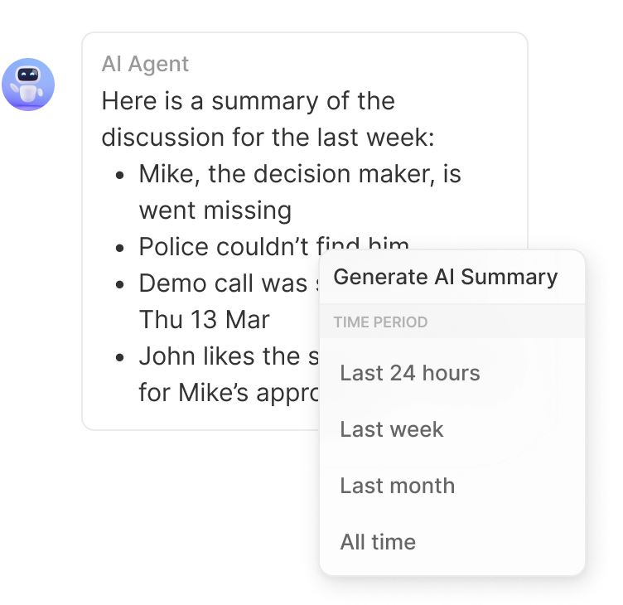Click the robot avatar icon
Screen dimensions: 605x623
tap(28, 85)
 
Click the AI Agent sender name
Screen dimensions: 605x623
tap(145, 65)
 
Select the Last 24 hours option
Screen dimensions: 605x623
tap(409, 373)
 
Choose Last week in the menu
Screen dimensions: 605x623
tap(391, 429)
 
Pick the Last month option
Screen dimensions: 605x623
tap(397, 486)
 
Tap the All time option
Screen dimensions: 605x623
tap(377, 542)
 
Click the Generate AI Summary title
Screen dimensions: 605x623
tap(445, 277)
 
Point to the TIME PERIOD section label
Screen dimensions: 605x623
tap(380, 322)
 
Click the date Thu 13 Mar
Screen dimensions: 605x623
tap(204, 320)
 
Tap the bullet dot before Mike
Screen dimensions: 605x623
tap(122, 176)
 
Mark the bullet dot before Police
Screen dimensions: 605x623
tap(122, 248)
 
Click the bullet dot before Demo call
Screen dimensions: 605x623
tap(122, 284)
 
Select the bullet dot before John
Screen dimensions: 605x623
tap(122, 357)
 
